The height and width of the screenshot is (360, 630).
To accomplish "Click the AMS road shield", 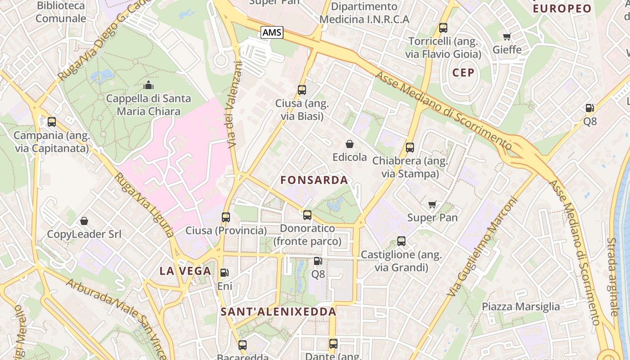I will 272,32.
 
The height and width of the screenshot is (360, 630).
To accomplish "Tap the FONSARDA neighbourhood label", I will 314,180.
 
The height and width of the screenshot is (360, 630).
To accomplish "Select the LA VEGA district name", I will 185,271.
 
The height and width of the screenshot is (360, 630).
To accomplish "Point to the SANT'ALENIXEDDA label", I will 278,311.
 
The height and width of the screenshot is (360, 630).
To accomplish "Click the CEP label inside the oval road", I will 463,73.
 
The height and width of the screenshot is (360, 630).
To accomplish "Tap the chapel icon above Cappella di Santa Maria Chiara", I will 148,85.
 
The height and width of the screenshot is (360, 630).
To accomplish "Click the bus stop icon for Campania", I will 52,122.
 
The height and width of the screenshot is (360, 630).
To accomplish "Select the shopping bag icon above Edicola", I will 350,144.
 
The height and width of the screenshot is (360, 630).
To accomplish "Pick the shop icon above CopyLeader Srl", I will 84,221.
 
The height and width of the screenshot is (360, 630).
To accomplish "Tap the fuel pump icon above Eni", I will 224,273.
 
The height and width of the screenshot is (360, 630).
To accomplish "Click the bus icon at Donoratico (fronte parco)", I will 307,215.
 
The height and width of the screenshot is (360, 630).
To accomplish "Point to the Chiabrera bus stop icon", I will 409,148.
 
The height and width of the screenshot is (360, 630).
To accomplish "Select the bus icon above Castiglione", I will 401,241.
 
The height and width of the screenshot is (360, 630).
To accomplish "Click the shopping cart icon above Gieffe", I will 507,37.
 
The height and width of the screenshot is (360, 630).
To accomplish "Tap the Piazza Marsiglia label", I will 521,307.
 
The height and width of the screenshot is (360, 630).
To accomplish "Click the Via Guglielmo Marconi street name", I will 482,247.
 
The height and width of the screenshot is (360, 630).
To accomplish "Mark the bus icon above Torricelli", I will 443,28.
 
